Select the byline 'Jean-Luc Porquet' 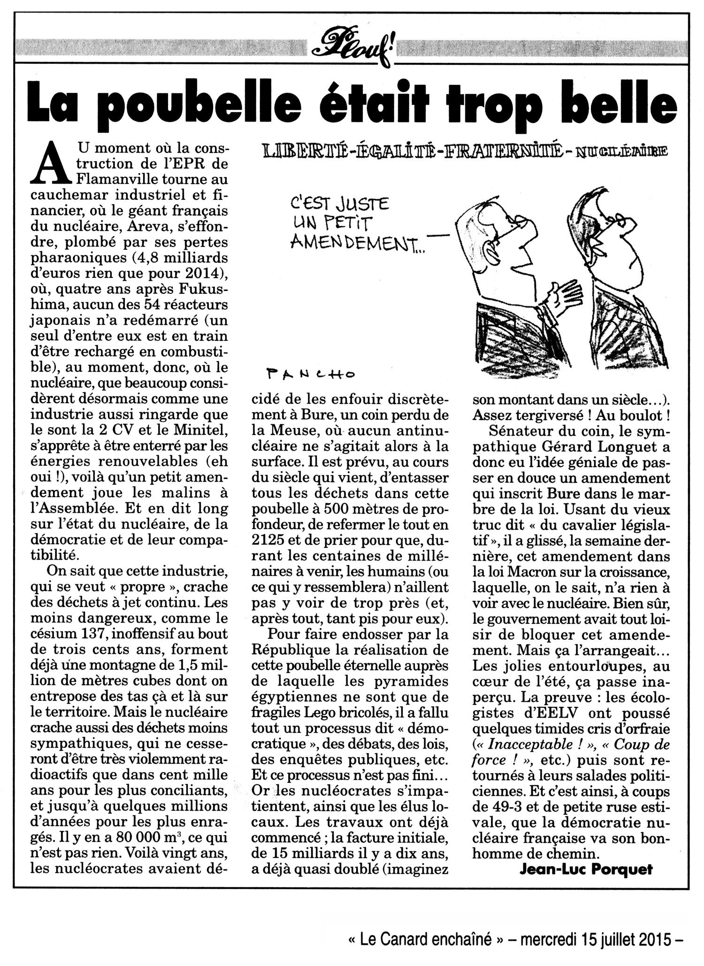point(586,870)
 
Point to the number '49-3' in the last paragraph point(510,803)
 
